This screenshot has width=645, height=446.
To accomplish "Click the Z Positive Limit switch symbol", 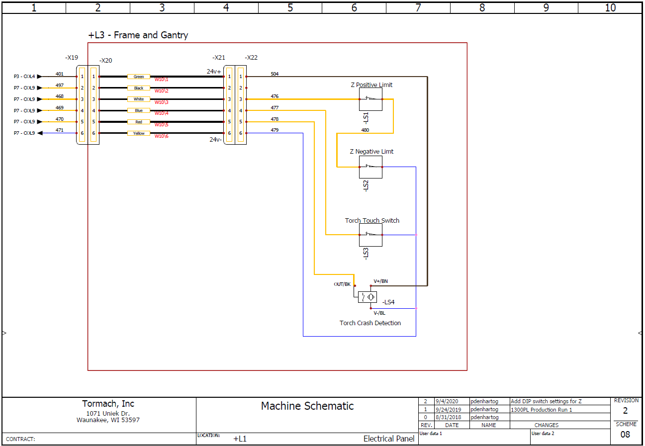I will [x=370, y=99].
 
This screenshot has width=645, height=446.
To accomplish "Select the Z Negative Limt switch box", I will [x=370, y=167].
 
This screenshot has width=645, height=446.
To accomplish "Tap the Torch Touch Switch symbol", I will [x=370, y=235].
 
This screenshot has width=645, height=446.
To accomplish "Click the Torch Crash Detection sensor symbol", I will [x=367, y=297].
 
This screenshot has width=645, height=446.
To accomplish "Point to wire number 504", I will [x=275, y=74].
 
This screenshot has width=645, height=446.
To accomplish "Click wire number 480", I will [x=365, y=130].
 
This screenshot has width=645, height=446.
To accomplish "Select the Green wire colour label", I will [x=139, y=77].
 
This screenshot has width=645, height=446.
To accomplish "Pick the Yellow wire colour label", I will [x=139, y=133].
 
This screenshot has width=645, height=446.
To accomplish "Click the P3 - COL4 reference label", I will [x=24, y=77].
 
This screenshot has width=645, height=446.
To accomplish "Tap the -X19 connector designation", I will [x=72, y=57].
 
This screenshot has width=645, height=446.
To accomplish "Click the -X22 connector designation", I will [x=251, y=57].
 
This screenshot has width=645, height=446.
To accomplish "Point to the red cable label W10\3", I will [x=162, y=102].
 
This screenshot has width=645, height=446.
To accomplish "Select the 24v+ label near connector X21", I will [x=214, y=72].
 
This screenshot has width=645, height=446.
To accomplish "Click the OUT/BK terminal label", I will [x=342, y=284].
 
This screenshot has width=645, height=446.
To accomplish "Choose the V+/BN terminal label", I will [x=381, y=281].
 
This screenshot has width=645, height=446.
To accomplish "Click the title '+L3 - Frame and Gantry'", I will [x=138, y=35].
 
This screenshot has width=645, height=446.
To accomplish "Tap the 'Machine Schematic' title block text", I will [x=307, y=406].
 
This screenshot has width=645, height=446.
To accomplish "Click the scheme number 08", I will [x=625, y=435].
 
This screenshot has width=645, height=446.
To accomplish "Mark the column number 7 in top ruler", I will [x=418, y=7].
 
